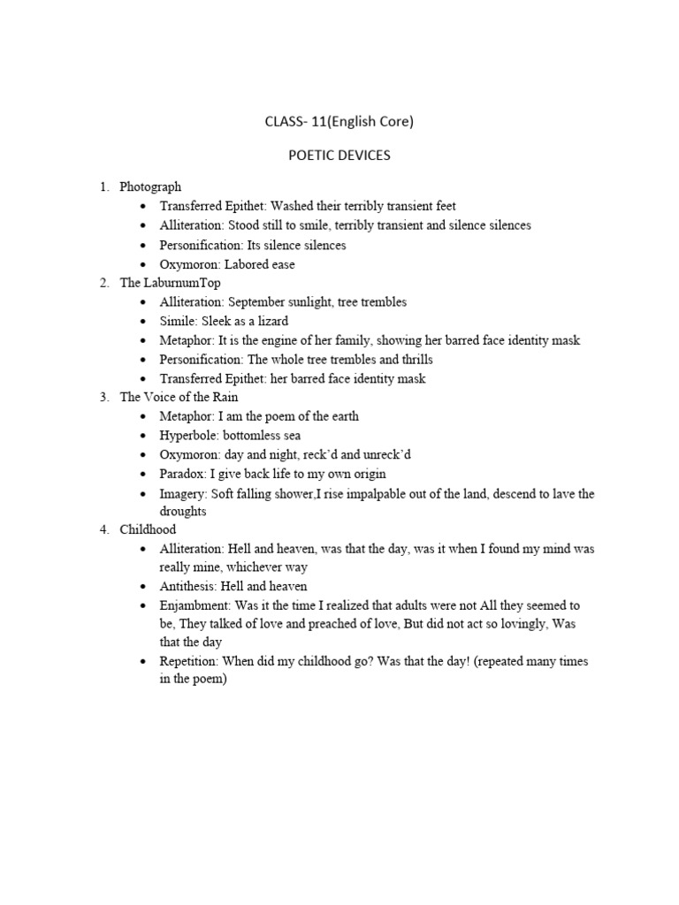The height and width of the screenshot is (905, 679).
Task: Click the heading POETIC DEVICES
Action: click(x=339, y=156)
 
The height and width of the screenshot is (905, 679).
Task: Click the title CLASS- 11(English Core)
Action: click(x=339, y=122)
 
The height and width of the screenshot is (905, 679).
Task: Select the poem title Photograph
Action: click(x=150, y=186)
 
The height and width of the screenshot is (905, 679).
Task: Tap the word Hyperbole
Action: click(x=188, y=436)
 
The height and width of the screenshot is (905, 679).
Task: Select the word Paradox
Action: click(x=182, y=474)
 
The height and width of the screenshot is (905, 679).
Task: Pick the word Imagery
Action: click(x=183, y=493)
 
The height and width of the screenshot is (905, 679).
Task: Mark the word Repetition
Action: click(x=188, y=661)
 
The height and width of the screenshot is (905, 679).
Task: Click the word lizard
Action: click(x=271, y=321)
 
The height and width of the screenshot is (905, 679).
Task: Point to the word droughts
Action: click(x=182, y=512)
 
